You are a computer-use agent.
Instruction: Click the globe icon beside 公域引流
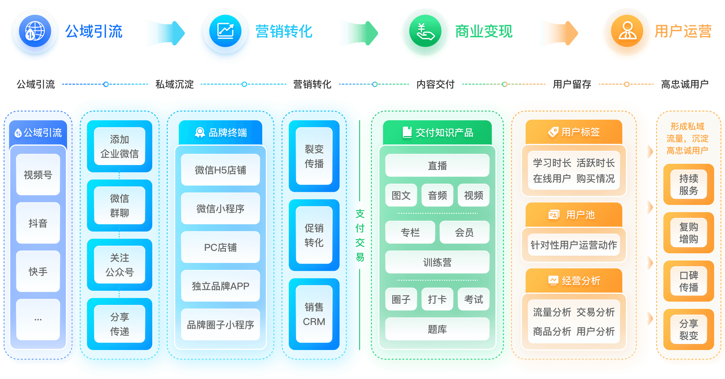coord(35,31)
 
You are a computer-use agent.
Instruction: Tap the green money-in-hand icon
coord(425,31)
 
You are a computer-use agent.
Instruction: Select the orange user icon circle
coord(627,31)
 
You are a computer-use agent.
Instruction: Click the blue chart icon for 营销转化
coord(225,31)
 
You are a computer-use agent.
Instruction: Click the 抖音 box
coord(38,223)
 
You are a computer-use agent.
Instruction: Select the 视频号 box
coord(38,175)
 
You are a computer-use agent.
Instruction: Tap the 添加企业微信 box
coord(119,147)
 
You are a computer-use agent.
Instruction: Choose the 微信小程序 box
coord(220,209)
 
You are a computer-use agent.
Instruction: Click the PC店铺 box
coord(220,247)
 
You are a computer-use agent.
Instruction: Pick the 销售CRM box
coord(314,314)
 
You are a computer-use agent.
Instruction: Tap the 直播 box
coord(437,165)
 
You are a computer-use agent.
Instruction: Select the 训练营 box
coord(437,262)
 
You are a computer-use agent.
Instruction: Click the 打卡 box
coord(437,299)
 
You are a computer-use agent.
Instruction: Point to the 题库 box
coord(437,329)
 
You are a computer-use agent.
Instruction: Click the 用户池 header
coord(574,215)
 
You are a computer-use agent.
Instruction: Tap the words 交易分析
coord(595,312)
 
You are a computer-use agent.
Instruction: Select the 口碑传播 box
coord(688,281)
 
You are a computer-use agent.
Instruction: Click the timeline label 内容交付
coord(435,84)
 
